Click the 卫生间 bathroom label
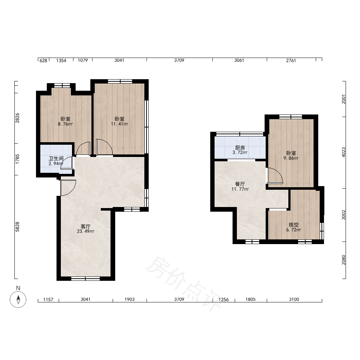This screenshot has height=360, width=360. (x=56, y=158)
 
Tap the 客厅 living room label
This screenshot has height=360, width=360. (x=85, y=226)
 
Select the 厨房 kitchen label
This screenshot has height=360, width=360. (x=240, y=148)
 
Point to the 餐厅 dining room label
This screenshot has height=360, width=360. (x=240, y=184)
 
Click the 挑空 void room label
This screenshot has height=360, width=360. (x=294, y=225)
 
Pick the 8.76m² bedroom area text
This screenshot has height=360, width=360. (x=66, y=124)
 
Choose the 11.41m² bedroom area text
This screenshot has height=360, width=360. (x=120, y=124)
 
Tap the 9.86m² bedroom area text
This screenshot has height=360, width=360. (x=291, y=158)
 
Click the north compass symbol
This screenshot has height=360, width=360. (x=18, y=299)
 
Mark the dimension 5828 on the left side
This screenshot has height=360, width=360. (x=17, y=227)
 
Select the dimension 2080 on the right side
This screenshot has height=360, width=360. (x=343, y=260)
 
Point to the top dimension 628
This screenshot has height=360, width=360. (x=44, y=60)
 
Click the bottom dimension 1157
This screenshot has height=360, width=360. (x=48, y=300)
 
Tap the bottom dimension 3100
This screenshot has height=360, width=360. (x=294, y=299)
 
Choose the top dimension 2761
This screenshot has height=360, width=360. (x=291, y=60)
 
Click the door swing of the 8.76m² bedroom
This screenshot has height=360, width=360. (x=83, y=148)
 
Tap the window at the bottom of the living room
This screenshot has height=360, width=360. (x=85, y=279)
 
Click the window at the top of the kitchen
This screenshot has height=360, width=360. (x=240, y=134)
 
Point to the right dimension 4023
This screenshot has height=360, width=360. (x=343, y=152)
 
